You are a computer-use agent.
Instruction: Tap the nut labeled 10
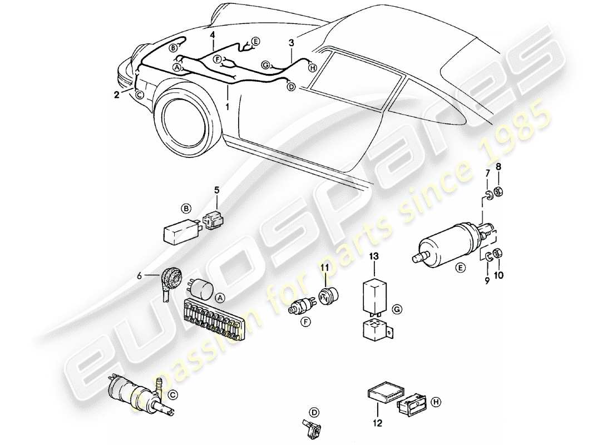(498, 254)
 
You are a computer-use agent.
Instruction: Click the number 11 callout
(325, 269)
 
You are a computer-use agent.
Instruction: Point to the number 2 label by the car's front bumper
(116, 95)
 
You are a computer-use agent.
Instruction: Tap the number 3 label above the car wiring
(291, 42)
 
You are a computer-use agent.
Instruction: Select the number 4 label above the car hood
(213, 34)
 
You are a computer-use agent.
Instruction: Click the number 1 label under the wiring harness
(227, 104)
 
